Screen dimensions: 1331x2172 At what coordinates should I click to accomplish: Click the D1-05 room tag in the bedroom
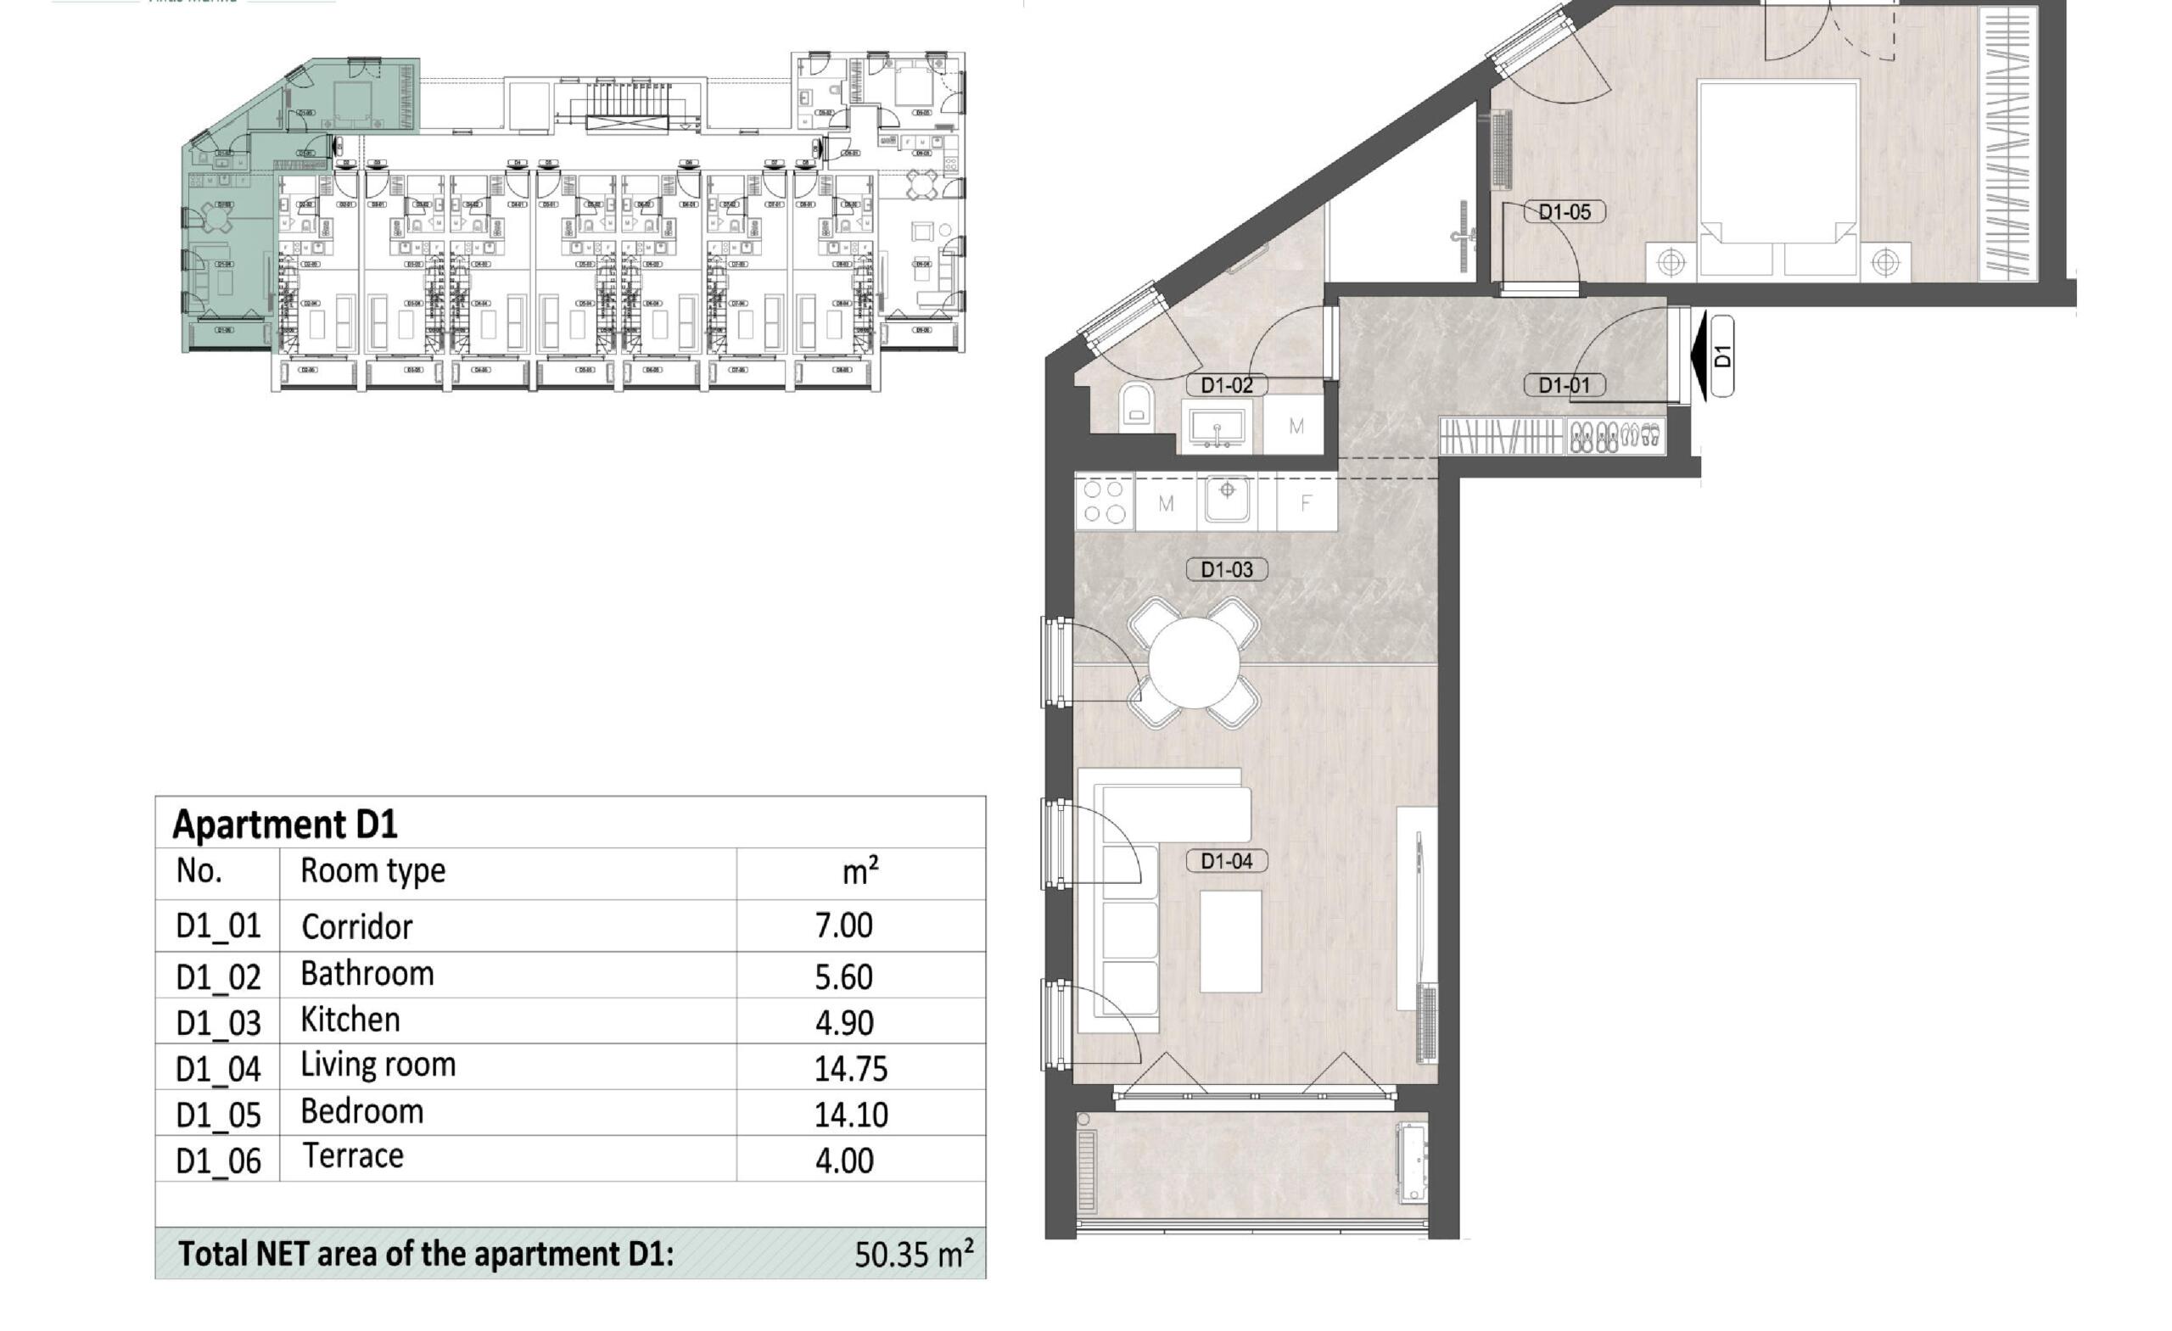(x=1564, y=212)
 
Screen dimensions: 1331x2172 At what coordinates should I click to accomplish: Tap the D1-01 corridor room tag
(x=1564, y=385)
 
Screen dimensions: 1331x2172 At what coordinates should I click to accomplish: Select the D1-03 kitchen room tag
(x=1226, y=569)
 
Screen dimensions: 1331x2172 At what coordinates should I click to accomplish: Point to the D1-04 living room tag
(x=1226, y=861)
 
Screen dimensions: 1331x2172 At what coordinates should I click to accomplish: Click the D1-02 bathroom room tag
(x=1226, y=385)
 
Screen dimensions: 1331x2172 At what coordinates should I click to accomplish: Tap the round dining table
(x=1195, y=663)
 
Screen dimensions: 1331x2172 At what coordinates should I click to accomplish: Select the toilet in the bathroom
(x=1136, y=406)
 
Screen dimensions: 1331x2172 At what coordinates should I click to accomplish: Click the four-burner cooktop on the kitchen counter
(x=1105, y=501)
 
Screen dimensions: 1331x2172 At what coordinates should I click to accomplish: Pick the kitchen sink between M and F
(x=1227, y=499)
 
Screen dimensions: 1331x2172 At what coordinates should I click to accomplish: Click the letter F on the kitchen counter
(x=1306, y=503)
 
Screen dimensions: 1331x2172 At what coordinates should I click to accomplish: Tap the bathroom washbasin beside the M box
(x=1217, y=428)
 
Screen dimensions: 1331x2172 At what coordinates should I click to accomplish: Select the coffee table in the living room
(x=1230, y=942)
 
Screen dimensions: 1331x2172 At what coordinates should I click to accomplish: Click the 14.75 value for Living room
(x=851, y=1069)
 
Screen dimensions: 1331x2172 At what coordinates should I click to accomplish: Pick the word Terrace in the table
(x=353, y=1155)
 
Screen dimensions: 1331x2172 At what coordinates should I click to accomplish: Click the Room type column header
(x=372, y=871)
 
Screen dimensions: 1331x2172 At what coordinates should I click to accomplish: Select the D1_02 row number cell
(x=218, y=977)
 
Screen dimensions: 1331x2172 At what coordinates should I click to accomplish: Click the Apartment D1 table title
(x=285, y=825)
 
